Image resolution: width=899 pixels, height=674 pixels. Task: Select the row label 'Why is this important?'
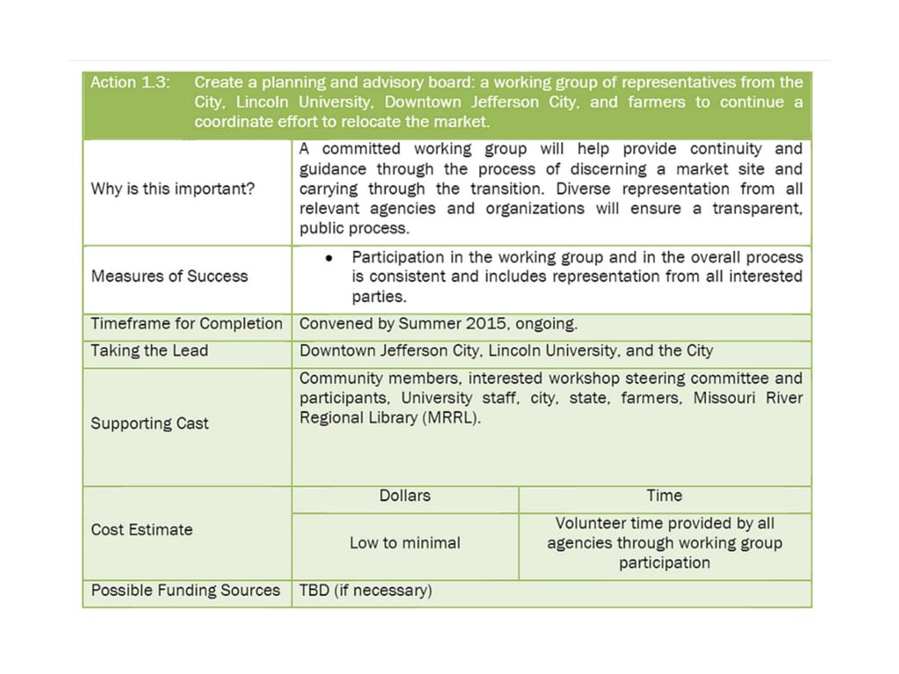tap(173, 189)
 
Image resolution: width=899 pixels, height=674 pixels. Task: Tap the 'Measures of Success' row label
tap(169, 276)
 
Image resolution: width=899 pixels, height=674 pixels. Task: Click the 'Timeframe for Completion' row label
tap(187, 324)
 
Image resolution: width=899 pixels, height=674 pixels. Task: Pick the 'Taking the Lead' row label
tap(150, 351)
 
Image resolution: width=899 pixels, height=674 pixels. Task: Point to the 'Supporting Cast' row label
tap(150, 423)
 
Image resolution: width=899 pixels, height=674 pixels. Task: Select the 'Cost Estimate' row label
tap(142, 530)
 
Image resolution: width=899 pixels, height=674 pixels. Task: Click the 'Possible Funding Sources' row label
tap(185, 591)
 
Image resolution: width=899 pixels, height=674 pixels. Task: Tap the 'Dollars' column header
tap(405, 496)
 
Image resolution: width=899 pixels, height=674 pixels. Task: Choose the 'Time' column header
tap(665, 496)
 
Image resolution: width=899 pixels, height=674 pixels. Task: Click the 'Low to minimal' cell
tap(405, 543)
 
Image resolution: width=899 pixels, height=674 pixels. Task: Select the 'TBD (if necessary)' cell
tap(366, 591)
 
